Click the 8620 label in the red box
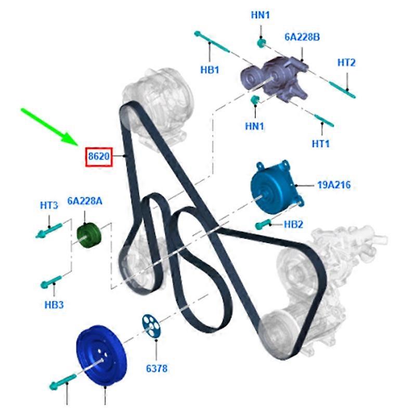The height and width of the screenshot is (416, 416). (x=99, y=157)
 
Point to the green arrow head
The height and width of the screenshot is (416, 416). (x=70, y=138)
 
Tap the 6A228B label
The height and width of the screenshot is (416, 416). (x=302, y=37)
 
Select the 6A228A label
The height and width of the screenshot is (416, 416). (x=85, y=201)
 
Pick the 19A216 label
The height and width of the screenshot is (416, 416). (x=334, y=185)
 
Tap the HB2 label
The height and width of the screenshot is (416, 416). (x=293, y=225)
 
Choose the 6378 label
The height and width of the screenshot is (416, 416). (x=157, y=368)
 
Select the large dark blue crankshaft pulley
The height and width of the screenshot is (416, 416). (x=101, y=356)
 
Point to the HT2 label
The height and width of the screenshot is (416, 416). (x=346, y=63)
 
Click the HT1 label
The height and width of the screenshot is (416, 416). (x=320, y=144)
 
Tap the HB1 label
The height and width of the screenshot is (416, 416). (x=210, y=70)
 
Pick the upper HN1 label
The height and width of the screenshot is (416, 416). (x=261, y=15)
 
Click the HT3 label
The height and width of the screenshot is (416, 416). (x=49, y=205)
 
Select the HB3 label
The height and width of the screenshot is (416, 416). (x=54, y=305)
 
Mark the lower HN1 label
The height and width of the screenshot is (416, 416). (x=255, y=126)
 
